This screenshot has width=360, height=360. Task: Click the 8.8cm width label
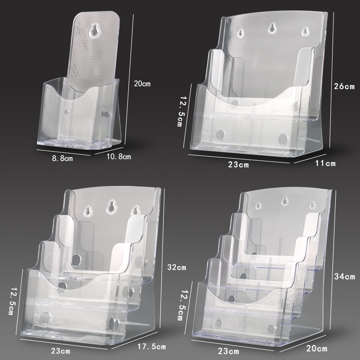[61, 158]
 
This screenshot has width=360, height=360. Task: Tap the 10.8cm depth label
[118, 156]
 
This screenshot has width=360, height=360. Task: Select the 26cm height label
[344, 86]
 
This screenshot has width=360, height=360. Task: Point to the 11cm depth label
[325, 163]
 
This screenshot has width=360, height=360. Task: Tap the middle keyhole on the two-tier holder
[271, 29]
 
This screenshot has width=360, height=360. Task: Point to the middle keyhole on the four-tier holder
[284, 201]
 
